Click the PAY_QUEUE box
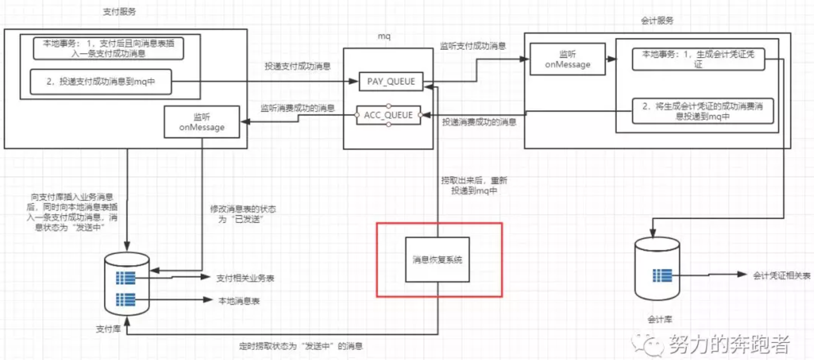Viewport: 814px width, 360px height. pos(391,82)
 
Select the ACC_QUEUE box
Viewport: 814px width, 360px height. pos(388,115)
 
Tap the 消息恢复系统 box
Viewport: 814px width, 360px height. pos(437,260)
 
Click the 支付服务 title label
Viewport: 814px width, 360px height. pos(119,12)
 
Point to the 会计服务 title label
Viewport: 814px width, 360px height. pos(657,20)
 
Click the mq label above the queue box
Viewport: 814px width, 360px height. pos(384,36)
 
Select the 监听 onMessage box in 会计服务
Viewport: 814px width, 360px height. pos(567,59)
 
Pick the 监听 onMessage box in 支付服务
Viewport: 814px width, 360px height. pos(201,122)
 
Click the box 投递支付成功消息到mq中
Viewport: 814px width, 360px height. pos(100,82)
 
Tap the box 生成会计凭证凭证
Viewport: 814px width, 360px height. pos(698,59)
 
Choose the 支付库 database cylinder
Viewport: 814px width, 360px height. pos(127,284)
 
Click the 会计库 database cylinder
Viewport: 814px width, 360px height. pos(657,269)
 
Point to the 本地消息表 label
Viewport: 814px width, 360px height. pos(239,301)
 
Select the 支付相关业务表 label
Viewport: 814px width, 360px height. pos(245,278)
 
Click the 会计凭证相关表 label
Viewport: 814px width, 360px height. pos(781,276)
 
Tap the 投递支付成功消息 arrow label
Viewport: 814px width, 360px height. pos(297,66)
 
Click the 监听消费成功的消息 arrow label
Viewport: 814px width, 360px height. pos(297,108)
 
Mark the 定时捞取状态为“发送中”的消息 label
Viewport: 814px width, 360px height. pos(301,346)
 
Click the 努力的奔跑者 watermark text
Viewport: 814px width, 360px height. pos(729,344)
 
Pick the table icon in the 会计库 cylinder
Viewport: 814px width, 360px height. pos(662,276)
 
